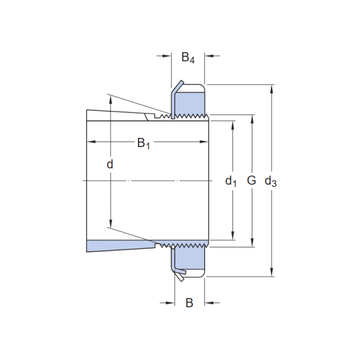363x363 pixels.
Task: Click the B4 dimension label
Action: [x=188, y=57]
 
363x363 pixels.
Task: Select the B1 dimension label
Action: [x=143, y=143]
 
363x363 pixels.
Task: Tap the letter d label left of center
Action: [x=110, y=164]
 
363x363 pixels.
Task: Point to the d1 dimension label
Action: [x=231, y=181]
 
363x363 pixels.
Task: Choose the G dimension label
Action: [x=252, y=180]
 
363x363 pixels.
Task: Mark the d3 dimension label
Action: [x=270, y=181]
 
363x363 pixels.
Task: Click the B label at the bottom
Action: [x=189, y=302]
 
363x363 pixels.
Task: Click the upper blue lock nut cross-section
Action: [x=189, y=102]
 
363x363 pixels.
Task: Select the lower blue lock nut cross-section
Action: [x=189, y=258]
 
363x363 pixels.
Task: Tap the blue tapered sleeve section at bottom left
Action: [x=120, y=246]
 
